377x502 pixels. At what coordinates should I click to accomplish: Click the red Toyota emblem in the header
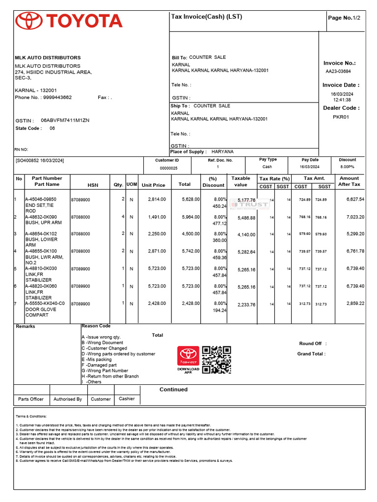[29, 21]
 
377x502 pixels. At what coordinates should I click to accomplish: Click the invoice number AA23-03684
[338, 71]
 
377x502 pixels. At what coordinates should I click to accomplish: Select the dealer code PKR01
[341, 117]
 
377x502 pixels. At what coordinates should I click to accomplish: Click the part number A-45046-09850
[41, 200]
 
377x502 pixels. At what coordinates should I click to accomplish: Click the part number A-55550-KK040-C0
[45, 303]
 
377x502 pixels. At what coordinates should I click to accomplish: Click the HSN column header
[93, 185]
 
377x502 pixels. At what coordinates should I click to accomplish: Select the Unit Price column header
[153, 185]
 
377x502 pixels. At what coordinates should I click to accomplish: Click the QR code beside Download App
[216, 360]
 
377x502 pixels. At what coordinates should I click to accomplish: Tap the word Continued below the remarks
[173, 389]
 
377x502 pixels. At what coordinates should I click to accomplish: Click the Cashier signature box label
[127, 399]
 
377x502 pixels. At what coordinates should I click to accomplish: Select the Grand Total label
[311, 353]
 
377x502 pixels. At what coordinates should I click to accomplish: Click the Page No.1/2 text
[344, 18]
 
